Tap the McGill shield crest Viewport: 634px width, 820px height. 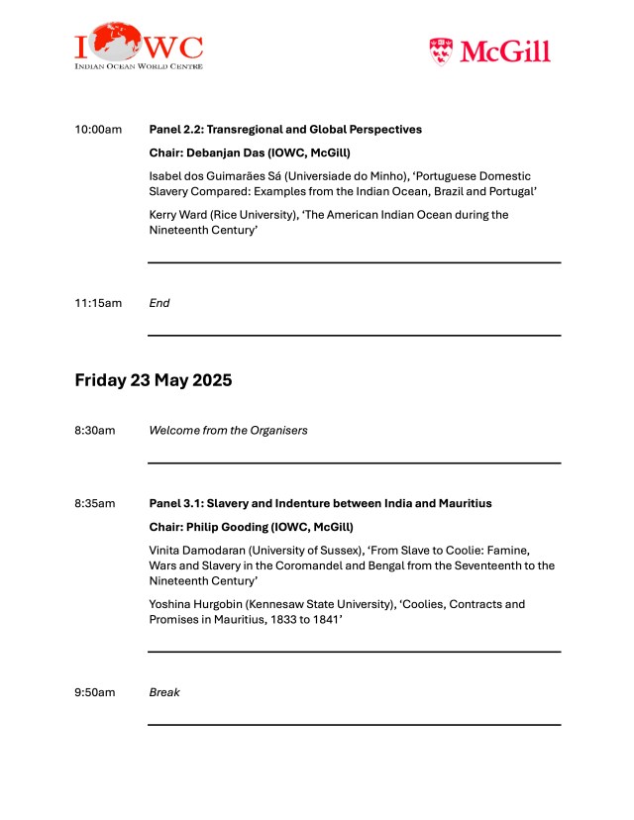[442, 51]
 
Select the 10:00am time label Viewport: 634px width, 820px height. [98, 130]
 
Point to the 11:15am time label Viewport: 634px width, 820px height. [98, 303]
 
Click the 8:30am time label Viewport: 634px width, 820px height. [95, 431]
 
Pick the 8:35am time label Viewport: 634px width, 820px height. [95, 504]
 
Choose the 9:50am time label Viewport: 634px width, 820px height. [95, 692]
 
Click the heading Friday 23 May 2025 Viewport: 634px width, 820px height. [154, 380]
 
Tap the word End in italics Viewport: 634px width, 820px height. [159, 303]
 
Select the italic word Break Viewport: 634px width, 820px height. [164, 692]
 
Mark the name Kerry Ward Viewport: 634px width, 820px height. [179, 215]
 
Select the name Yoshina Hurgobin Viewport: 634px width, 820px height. [197, 604]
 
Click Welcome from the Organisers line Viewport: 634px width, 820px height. [228, 431]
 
